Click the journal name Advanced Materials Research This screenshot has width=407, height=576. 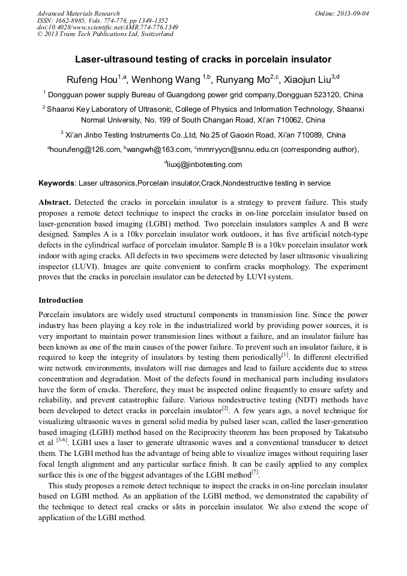point(78,13)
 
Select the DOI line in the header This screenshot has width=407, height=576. point(107,27)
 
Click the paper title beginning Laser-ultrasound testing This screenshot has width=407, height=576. point(203,59)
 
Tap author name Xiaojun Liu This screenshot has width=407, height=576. point(306,79)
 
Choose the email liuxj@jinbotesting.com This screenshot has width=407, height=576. point(204,165)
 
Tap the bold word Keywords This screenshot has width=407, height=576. point(56,183)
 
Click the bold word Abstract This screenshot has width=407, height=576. point(55,203)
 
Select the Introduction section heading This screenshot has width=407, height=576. point(61,300)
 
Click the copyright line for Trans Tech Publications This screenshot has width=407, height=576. point(105,34)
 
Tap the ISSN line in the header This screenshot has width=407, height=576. point(103,20)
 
